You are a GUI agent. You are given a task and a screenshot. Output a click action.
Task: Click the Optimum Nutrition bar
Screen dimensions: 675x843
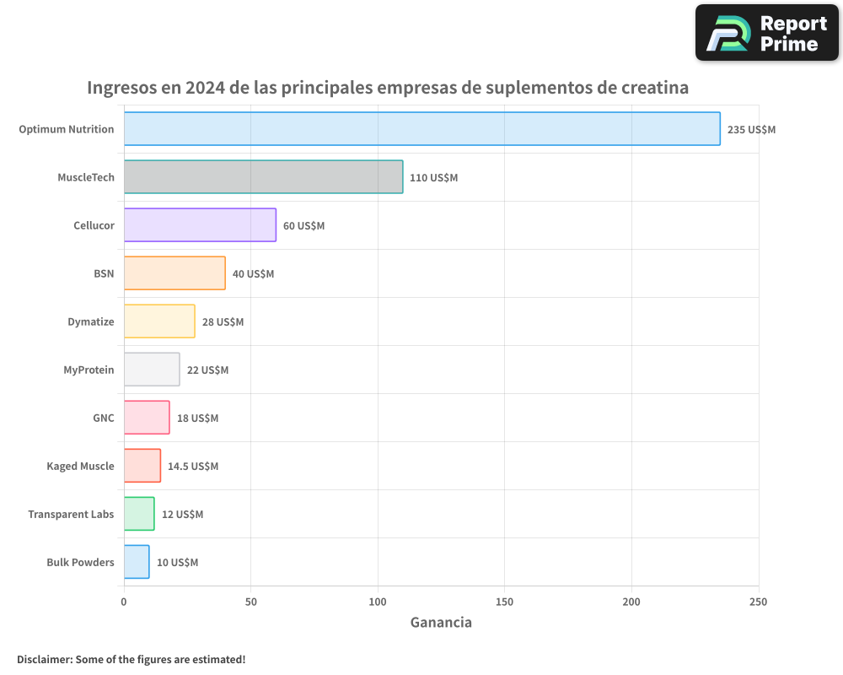tap(421, 129)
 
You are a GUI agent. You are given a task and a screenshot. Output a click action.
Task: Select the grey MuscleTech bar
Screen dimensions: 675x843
tap(263, 177)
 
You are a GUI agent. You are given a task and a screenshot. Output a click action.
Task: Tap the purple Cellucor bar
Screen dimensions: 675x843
tap(200, 225)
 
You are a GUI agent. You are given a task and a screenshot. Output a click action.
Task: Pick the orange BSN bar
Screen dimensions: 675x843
tap(175, 273)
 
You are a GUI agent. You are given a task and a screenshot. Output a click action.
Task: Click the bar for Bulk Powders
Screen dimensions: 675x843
tap(137, 562)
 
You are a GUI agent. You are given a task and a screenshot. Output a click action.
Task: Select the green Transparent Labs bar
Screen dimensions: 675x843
tap(139, 514)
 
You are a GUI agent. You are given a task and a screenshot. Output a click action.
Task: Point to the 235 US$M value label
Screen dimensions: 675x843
tap(751, 130)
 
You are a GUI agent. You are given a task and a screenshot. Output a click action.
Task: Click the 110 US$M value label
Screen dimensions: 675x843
tap(433, 178)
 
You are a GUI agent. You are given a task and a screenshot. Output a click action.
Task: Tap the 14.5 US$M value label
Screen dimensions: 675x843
tap(193, 467)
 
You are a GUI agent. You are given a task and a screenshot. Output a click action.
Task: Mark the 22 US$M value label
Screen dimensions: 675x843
tap(207, 370)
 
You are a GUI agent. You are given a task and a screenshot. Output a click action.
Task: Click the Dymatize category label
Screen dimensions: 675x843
tap(91, 321)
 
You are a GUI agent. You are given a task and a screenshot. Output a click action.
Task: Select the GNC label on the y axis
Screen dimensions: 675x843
tap(104, 418)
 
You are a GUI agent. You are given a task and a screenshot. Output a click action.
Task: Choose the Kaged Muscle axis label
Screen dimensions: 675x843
tap(80, 466)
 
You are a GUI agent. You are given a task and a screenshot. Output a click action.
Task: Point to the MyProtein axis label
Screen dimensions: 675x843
tap(89, 370)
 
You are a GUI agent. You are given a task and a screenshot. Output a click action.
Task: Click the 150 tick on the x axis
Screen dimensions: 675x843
tap(504, 602)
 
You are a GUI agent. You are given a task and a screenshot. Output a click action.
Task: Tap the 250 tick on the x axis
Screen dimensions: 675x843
tap(758, 602)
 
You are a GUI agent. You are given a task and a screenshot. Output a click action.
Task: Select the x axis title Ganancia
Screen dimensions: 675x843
tap(441, 623)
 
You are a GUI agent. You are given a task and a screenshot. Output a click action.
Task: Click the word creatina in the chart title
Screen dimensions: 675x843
tap(651, 88)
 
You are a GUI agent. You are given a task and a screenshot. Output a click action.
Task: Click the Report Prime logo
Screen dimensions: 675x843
tap(767, 33)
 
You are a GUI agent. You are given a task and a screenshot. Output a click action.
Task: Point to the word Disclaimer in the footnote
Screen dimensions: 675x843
tap(44, 660)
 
